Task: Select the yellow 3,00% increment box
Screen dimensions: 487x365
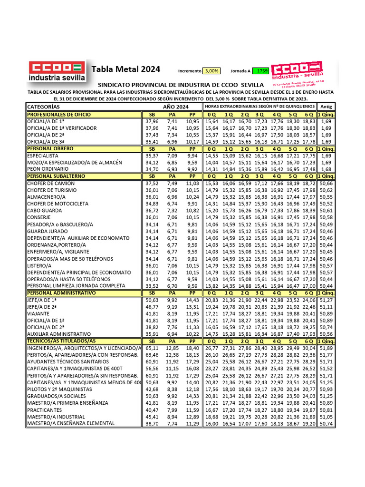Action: (211, 71)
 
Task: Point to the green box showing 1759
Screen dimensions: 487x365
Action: (261, 71)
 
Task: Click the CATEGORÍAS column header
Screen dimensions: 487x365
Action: (44, 107)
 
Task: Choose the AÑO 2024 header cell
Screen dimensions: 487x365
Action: (175, 107)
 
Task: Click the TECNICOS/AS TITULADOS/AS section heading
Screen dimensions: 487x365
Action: (61, 341)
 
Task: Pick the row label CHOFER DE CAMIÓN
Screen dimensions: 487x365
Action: (51, 183)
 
